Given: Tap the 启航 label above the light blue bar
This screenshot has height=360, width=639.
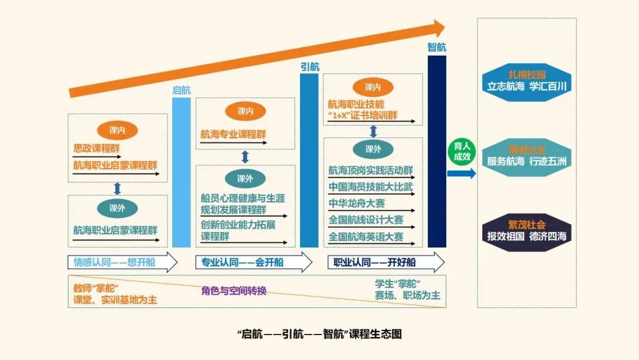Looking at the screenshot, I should tap(181, 90).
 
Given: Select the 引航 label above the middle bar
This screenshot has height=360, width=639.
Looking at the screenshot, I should tap(309, 66).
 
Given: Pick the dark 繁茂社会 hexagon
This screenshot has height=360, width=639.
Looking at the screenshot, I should tap(527, 231).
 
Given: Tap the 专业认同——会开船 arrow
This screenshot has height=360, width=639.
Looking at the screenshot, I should tap(253, 262).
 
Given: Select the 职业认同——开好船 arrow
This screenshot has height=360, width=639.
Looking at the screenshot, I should tap(385, 262).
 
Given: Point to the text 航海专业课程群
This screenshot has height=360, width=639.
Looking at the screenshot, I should tap(233, 134).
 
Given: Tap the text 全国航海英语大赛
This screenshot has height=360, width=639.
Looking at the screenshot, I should tap(366, 237).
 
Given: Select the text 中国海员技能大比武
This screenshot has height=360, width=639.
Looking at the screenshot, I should tap(370, 187).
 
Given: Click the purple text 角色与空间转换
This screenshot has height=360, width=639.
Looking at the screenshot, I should tap(233, 291).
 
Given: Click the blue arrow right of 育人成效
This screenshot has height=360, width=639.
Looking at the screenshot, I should tap(461, 173).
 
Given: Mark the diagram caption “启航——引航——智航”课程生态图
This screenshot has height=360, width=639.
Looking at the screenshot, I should tap(319, 334).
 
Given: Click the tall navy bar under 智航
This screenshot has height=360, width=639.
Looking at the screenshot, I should tap(437, 151).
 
